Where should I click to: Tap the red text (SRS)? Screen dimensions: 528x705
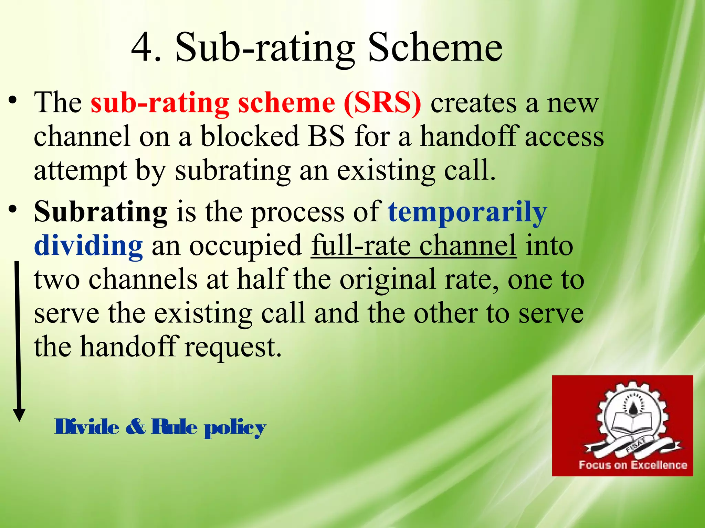382,103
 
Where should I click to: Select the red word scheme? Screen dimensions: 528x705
286,103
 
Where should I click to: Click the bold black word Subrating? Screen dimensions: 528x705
101,212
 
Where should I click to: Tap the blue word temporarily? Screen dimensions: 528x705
467,212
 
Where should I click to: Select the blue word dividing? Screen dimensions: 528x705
88,246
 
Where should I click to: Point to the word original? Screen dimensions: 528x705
388,279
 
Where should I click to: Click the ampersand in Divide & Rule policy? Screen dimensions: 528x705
135,427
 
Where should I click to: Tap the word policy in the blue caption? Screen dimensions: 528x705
235,428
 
